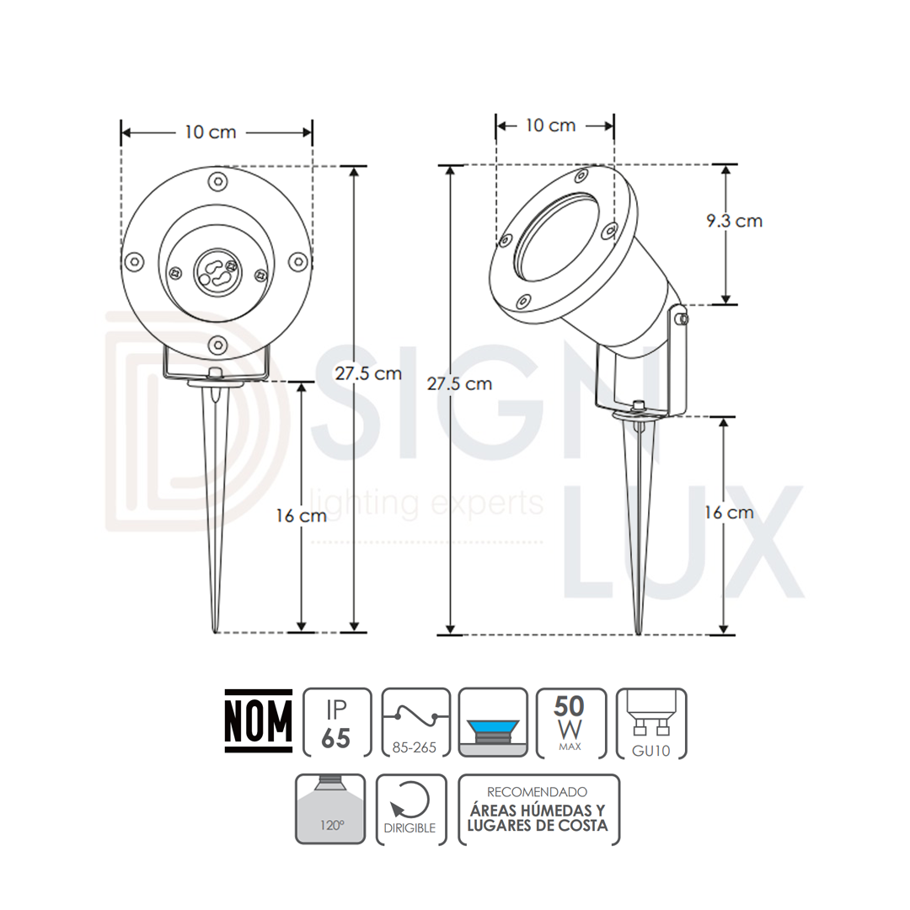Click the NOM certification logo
[258, 720]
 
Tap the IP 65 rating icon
[336, 722]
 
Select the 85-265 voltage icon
[414, 722]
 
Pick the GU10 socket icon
[651, 722]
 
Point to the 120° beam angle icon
[330, 809]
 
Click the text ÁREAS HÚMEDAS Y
[538, 810]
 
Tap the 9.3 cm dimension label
[734, 221]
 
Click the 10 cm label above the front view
[211, 132]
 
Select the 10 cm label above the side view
[550, 126]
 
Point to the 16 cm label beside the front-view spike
[301, 516]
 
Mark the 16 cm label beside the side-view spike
[729, 512]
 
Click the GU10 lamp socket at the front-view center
[217, 270]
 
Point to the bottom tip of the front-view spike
[216, 630]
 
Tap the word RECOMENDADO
[538, 792]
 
